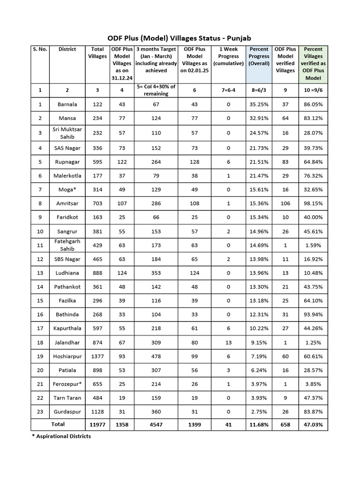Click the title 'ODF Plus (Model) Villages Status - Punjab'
180,37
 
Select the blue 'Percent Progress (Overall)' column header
259,56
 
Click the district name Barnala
67,104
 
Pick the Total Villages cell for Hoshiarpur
97,356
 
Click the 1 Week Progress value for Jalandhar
228,343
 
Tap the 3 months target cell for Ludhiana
156,273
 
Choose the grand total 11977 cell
97,424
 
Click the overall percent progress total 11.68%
259,424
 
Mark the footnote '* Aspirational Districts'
61,436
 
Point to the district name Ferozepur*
67,384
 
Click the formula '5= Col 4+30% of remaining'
156,90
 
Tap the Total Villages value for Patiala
97,370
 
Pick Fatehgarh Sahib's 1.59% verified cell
314,246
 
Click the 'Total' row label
58,424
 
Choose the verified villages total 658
285,424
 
